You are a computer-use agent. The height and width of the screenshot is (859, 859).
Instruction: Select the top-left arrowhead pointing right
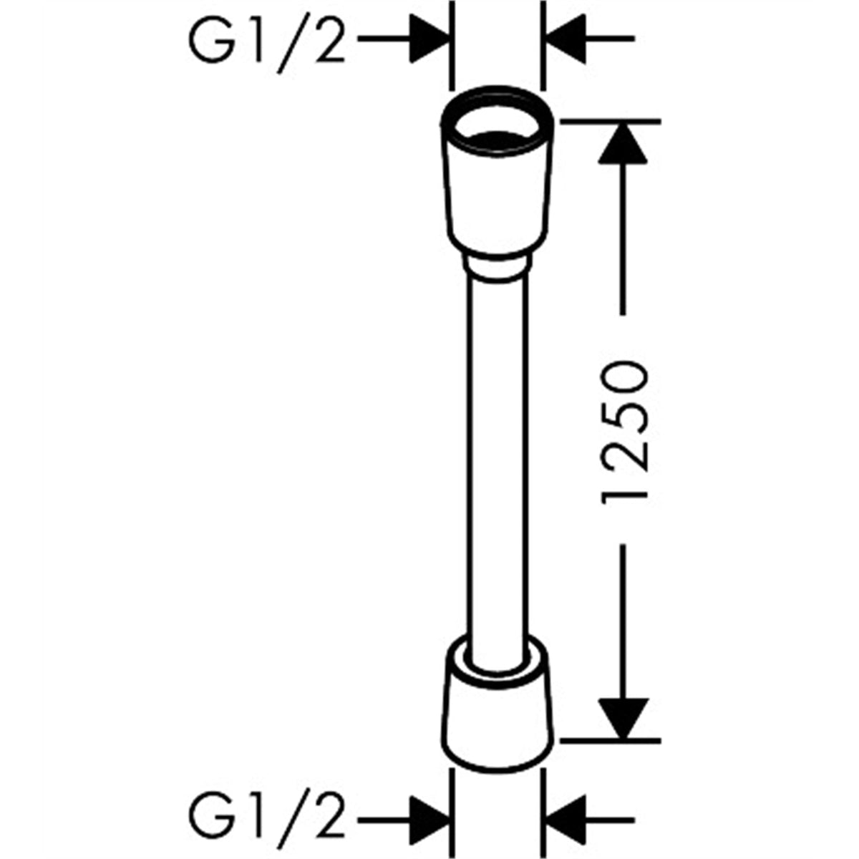point(429,39)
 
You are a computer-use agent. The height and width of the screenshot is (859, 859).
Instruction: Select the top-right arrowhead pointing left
point(566,39)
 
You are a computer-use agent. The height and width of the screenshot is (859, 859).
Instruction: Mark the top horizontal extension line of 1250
point(611,120)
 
